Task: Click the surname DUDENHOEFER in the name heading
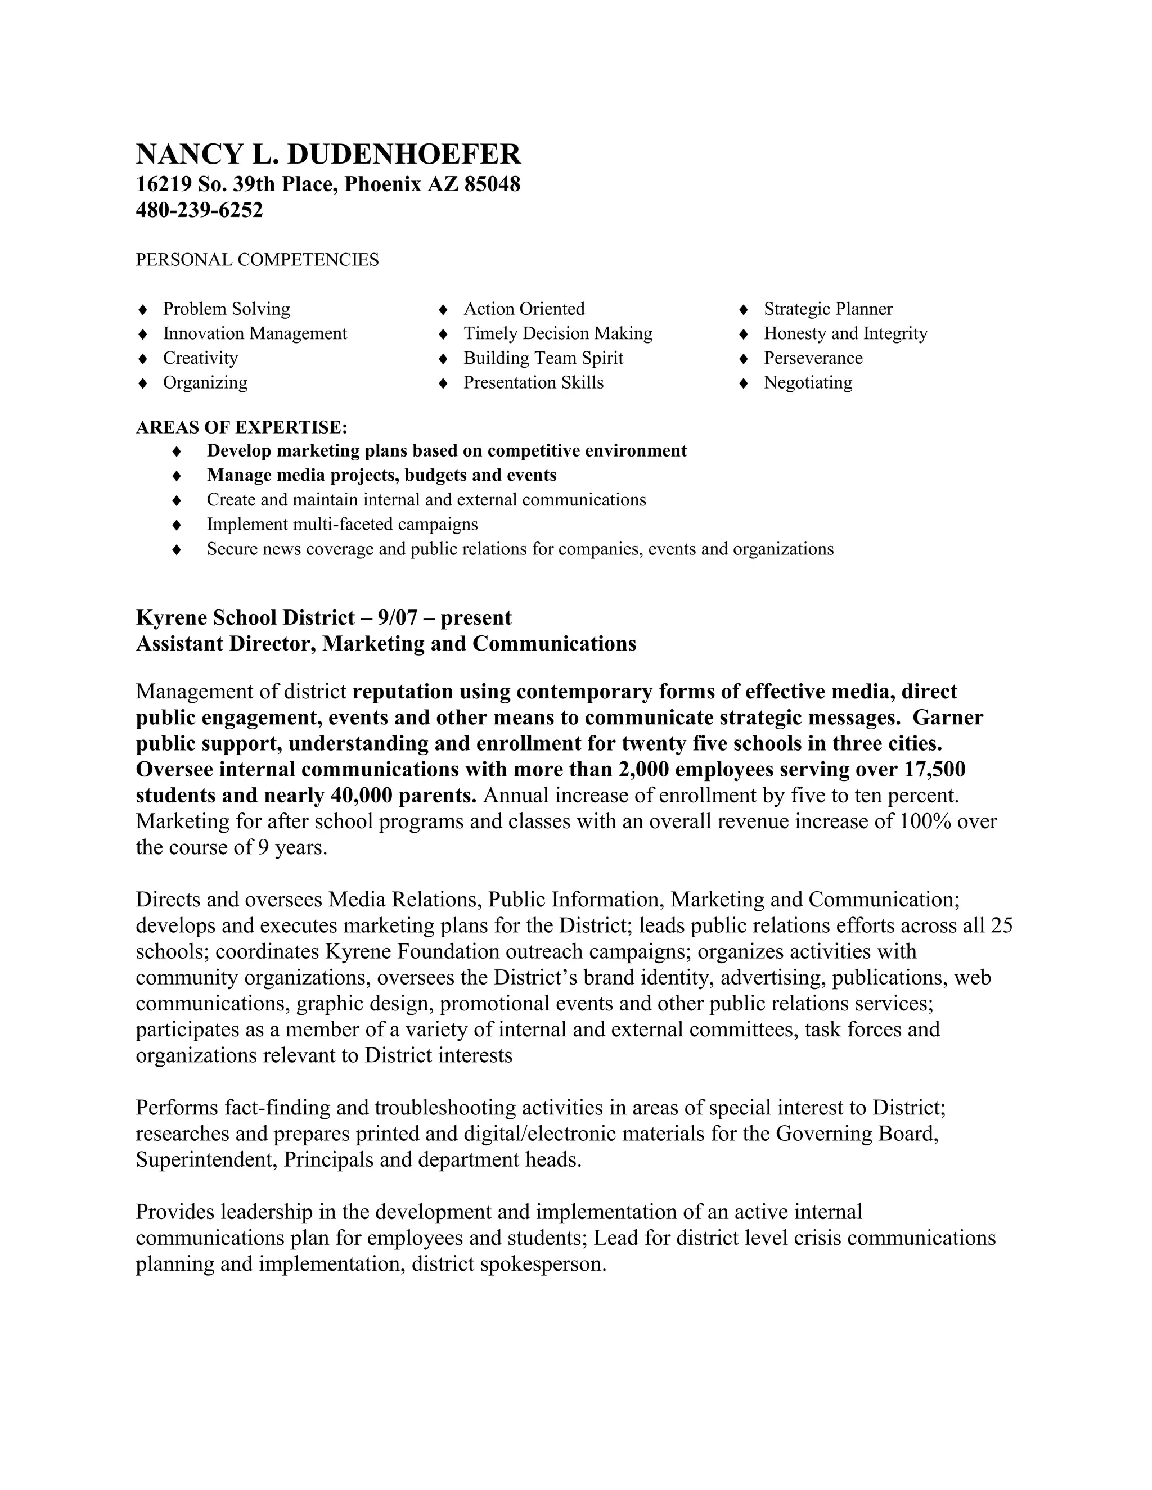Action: click(x=404, y=154)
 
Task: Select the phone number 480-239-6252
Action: click(x=199, y=210)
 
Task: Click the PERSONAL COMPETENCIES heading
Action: click(x=257, y=260)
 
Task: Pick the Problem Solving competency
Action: click(x=227, y=309)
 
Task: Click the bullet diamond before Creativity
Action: click(x=143, y=359)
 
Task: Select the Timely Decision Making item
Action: click(x=557, y=333)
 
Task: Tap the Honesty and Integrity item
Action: click(x=845, y=333)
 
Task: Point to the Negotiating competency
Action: click(x=808, y=383)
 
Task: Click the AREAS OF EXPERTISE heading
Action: click(x=241, y=428)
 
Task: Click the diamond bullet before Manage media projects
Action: click(x=177, y=476)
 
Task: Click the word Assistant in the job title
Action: click(x=179, y=643)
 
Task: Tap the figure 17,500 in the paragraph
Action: click(x=935, y=770)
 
